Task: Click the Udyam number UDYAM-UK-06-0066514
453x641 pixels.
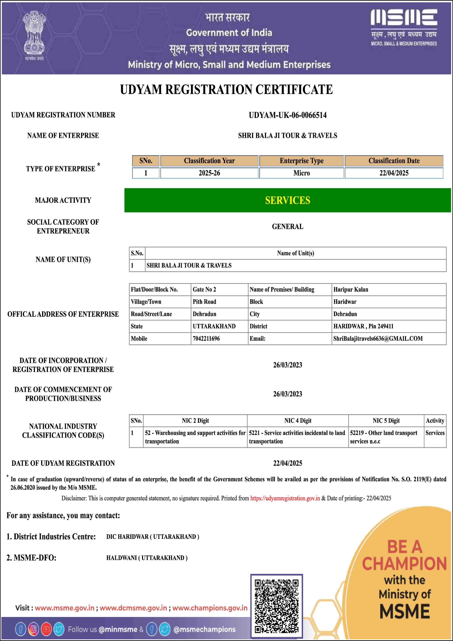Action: [x=288, y=115]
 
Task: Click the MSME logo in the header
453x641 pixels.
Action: [x=404, y=27]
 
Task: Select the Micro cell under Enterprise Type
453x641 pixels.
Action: [x=301, y=173]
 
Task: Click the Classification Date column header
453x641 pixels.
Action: [x=394, y=161]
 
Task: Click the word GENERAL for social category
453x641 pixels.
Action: [x=288, y=226]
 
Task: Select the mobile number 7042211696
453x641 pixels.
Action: [x=206, y=338]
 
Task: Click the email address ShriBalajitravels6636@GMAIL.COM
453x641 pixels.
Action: [x=378, y=338]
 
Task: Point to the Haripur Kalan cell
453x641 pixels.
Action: [x=351, y=289]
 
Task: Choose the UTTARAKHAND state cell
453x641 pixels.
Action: [x=214, y=326]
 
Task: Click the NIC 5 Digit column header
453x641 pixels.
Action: [x=386, y=420]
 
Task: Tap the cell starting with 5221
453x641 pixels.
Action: [x=297, y=437]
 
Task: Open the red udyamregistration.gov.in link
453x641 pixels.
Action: [x=285, y=498]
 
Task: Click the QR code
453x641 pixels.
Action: [x=276, y=606]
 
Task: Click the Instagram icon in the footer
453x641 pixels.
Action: [x=33, y=629]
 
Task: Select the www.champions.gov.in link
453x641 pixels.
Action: [x=210, y=608]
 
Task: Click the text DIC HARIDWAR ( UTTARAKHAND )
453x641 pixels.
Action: [x=153, y=537]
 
